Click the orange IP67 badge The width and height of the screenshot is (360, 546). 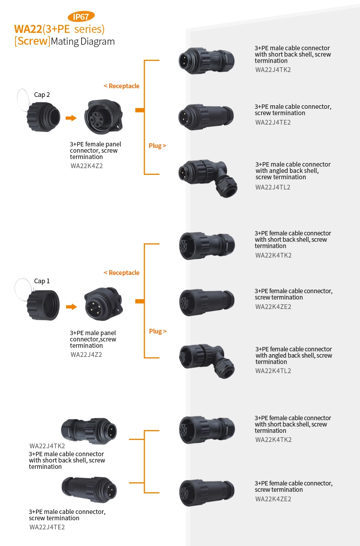click(x=81, y=17)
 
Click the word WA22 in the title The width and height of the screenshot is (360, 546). click(x=28, y=29)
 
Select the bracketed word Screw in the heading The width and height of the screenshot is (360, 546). click(x=32, y=41)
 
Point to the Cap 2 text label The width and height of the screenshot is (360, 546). click(x=42, y=95)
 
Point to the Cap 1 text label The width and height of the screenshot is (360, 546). click(x=42, y=281)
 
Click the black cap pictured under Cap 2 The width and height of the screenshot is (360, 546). click(x=43, y=117)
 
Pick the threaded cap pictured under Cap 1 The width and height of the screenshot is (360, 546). click(x=43, y=305)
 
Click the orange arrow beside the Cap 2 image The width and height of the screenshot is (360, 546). click(x=71, y=118)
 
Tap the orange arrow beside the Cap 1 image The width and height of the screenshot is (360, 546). click(x=71, y=307)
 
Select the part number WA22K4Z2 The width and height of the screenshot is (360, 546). click(x=87, y=166)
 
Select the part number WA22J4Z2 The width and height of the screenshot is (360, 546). click(x=86, y=355)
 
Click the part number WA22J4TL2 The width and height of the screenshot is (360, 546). click(x=273, y=187)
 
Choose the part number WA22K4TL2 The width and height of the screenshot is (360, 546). click(x=273, y=371)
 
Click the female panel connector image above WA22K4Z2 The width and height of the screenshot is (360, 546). click(x=104, y=117)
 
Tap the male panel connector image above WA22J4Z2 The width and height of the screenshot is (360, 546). click(x=103, y=304)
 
